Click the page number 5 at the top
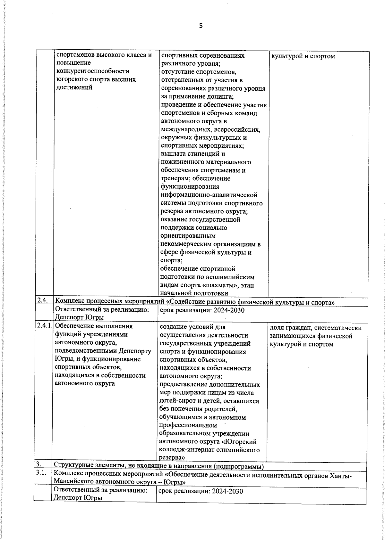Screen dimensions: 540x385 coord(201,26)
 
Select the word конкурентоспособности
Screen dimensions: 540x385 coord(93,71)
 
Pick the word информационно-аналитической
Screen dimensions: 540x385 coord(209,195)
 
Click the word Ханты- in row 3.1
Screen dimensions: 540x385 coord(340,475)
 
